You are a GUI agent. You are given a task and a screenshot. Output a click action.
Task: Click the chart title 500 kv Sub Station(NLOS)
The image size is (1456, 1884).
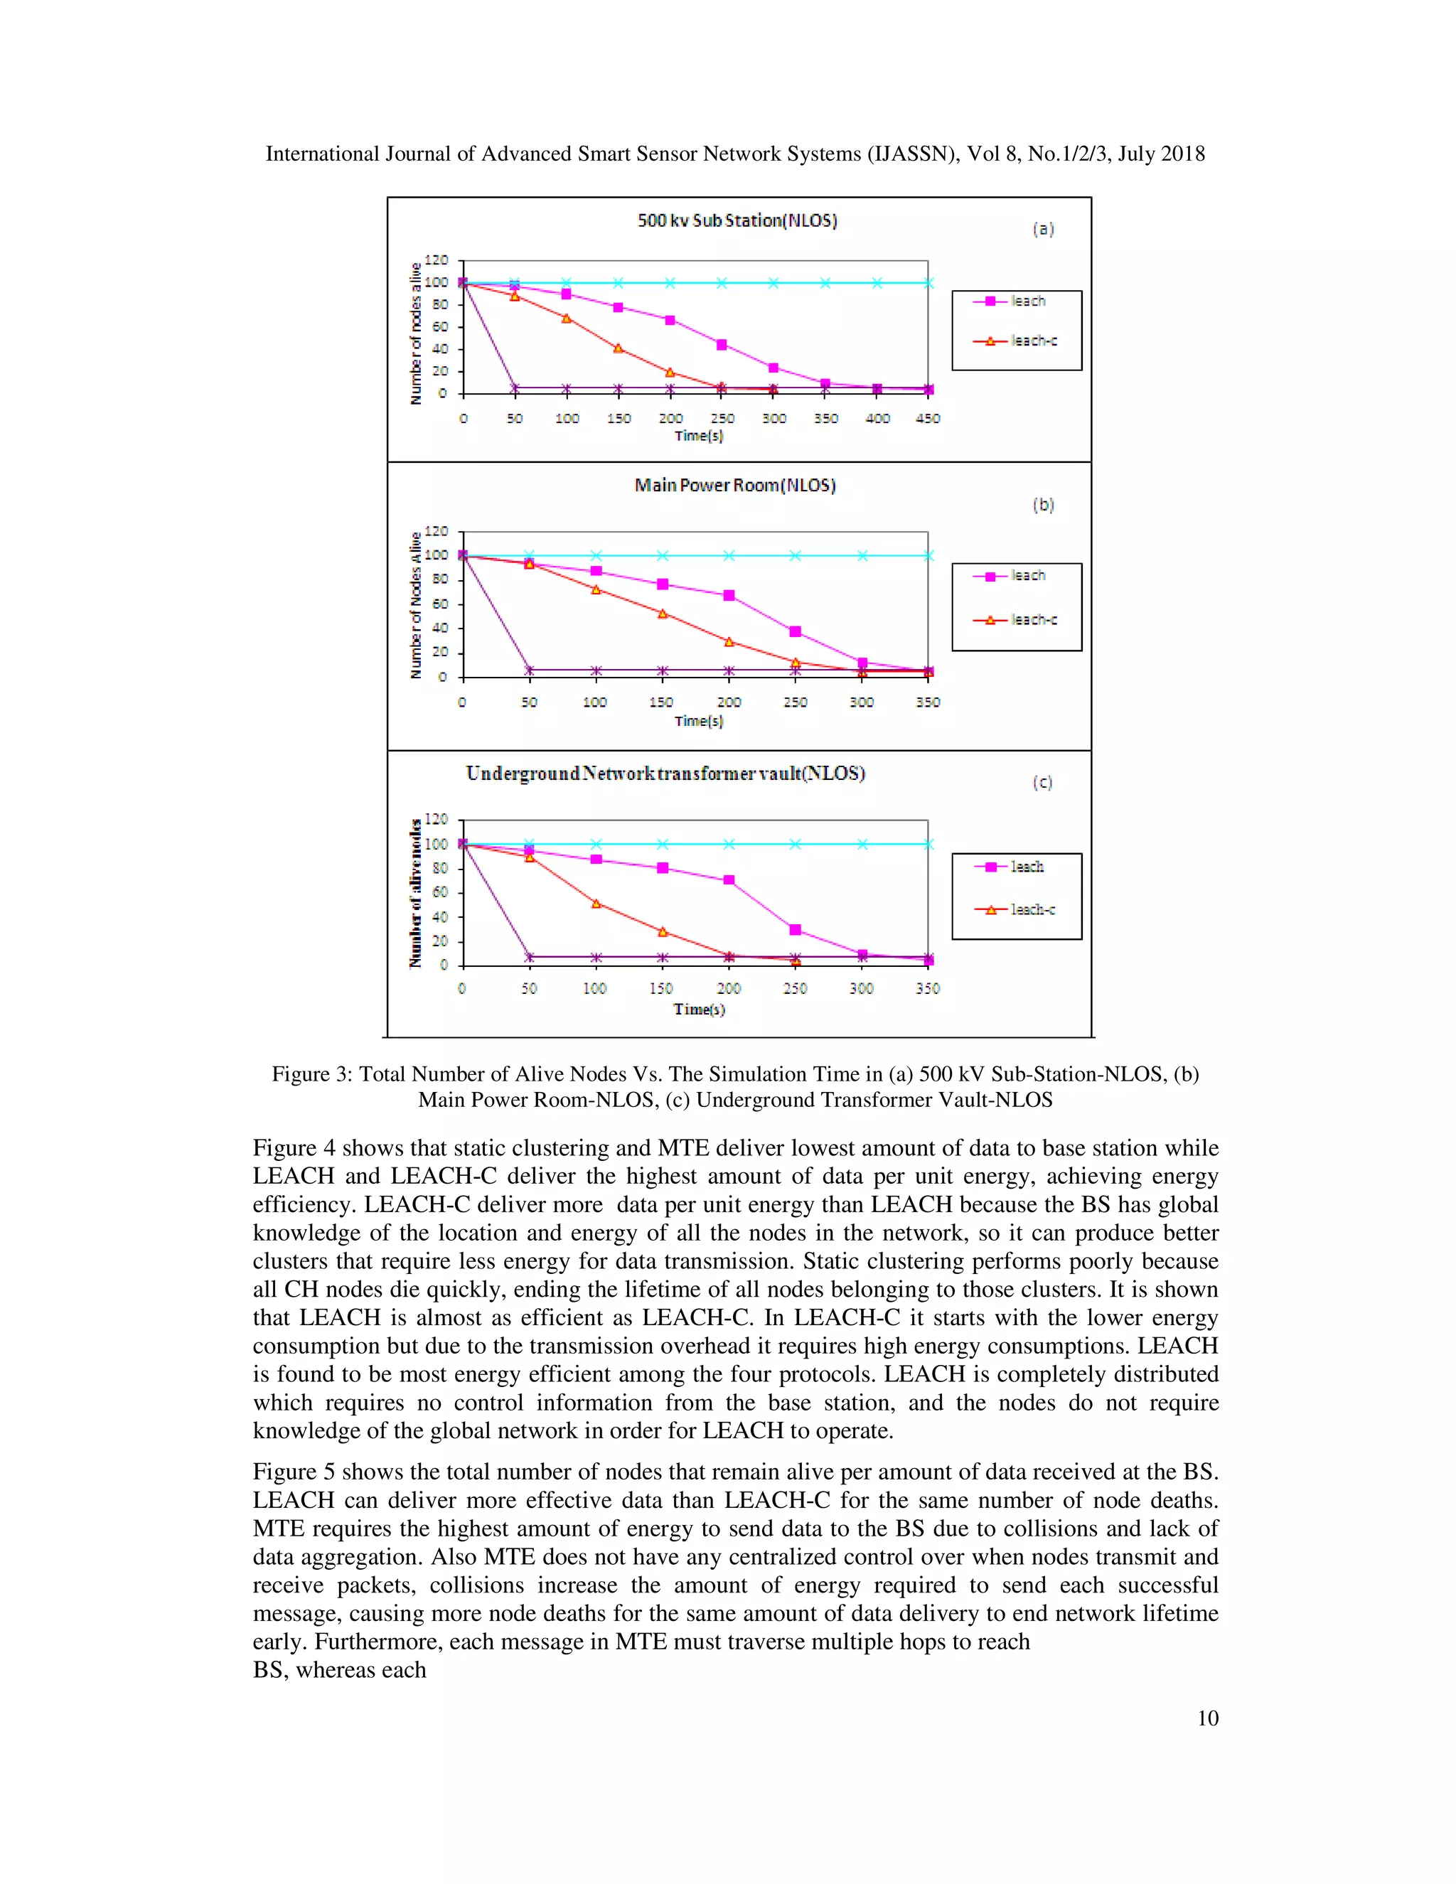[737, 221]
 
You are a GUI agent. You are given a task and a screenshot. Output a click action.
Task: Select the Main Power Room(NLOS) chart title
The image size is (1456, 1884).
[735, 486]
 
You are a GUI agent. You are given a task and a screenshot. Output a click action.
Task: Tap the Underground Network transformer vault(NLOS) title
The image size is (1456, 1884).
[665, 773]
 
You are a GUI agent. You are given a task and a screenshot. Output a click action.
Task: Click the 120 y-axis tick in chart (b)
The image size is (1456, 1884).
[437, 531]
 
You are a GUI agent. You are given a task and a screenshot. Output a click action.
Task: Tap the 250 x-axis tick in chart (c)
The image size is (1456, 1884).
[794, 989]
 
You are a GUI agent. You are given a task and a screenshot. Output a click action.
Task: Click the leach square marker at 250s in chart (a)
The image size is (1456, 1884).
[722, 345]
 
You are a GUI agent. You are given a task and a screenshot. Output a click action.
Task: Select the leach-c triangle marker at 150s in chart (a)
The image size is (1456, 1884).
[619, 348]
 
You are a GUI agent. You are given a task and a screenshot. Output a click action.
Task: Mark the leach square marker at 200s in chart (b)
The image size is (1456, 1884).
[729, 596]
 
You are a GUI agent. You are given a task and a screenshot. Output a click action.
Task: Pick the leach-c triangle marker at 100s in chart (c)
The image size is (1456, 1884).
[596, 903]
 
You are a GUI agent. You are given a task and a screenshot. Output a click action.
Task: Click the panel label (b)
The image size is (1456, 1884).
[1043, 505]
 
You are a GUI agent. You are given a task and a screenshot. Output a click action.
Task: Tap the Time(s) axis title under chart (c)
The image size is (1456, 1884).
[699, 1010]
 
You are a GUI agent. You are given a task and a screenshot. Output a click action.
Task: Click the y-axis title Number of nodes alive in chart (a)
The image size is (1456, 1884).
[416, 333]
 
